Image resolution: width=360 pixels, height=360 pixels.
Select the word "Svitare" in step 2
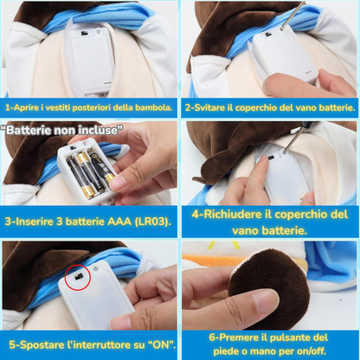click(205, 107)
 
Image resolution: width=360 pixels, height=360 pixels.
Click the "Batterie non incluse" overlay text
click(61, 130)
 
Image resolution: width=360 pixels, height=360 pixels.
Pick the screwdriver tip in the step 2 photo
click(282, 29)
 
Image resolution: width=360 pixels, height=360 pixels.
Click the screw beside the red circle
click(96, 268)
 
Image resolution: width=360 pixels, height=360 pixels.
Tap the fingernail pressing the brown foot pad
click(263, 297)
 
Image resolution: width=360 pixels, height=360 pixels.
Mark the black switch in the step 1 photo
click(84, 34)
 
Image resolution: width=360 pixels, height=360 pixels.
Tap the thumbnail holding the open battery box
click(119, 183)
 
